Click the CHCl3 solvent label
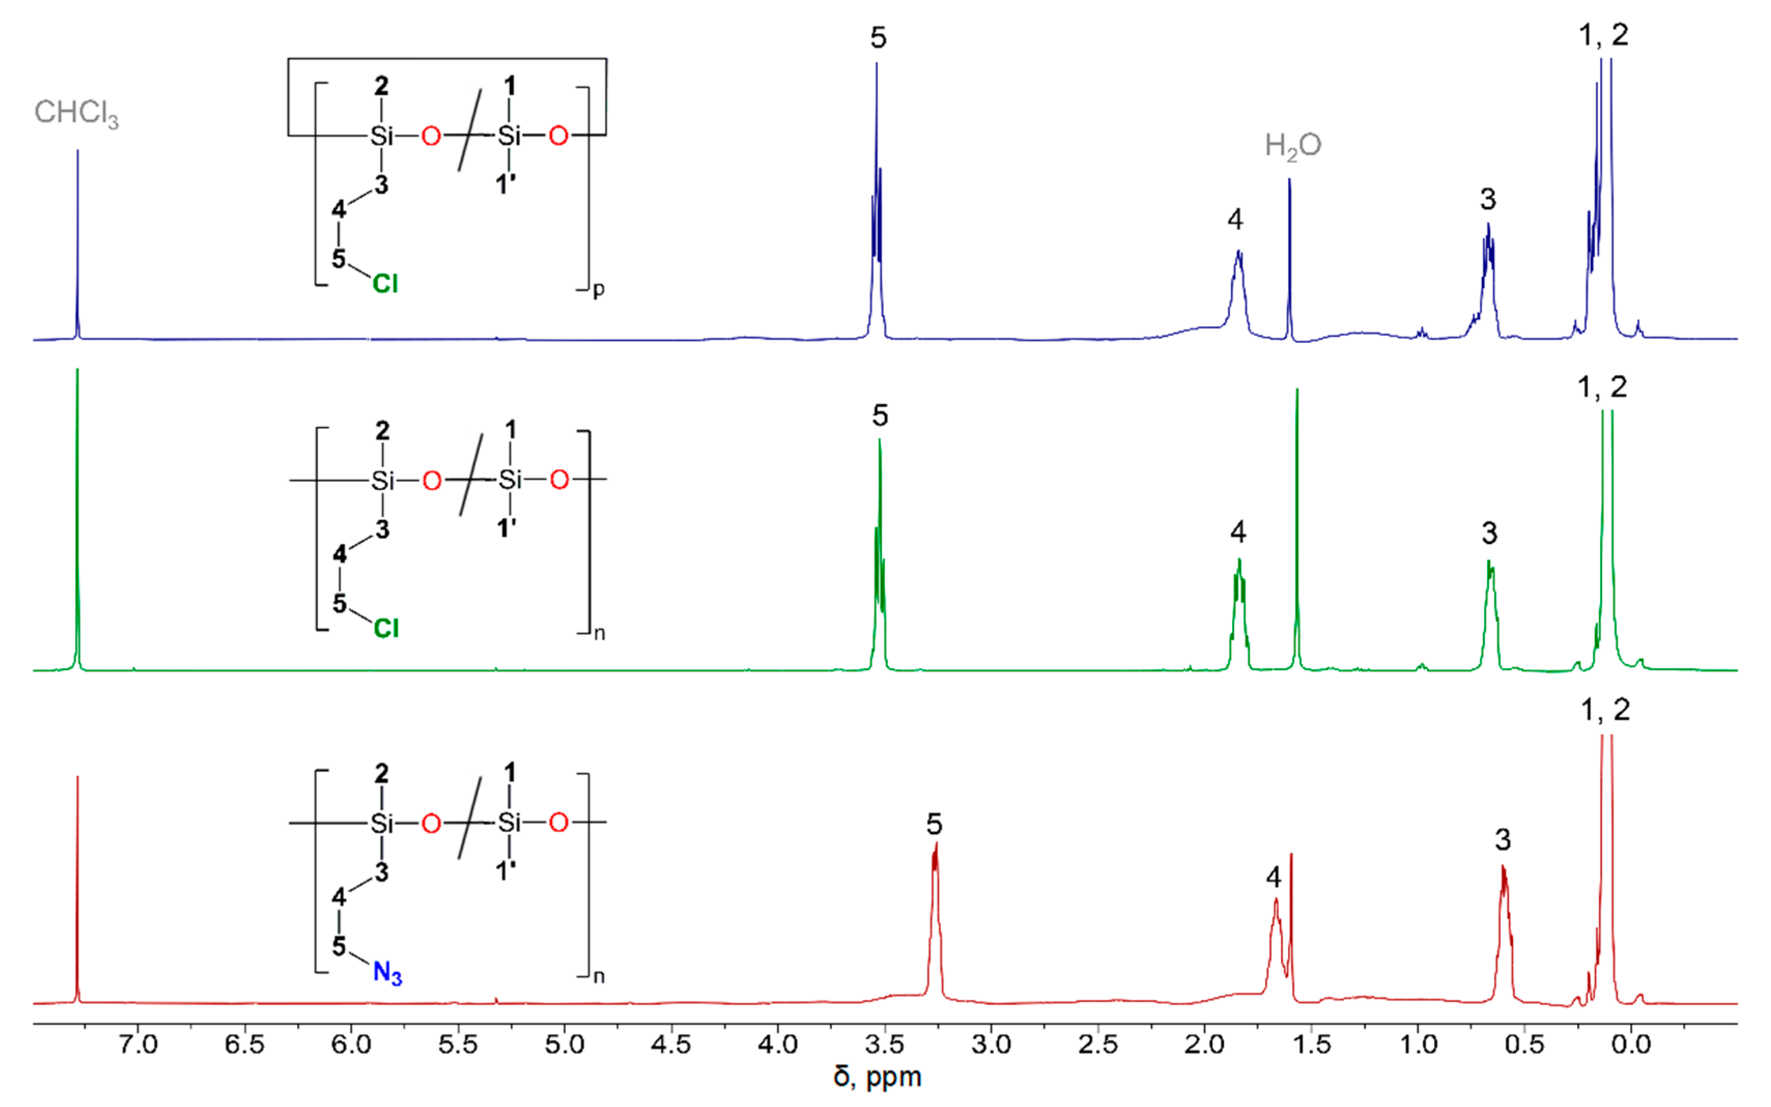pyautogui.click(x=76, y=113)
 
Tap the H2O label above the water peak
pyautogui.click(x=1293, y=146)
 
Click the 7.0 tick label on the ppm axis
pyautogui.click(x=138, y=1043)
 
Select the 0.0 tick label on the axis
pyautogui.click(x=1631, y=1043)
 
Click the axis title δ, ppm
pyautogui.click(x=877, y=1077)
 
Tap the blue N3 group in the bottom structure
pyautogui.click(x=387, y=973)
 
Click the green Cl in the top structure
pyautogui.click(x=385, y=283)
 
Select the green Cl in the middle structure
pyautogui.click(x=386, y=628)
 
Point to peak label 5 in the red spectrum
pyautogui.click(x=934, y=824)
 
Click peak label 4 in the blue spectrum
pyautogui.click(x=1235, y=219)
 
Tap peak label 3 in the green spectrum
pyautogui.click(x=1489, y=533)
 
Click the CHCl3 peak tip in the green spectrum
pyautogui.click(x=78, y=370)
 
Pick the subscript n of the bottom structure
pyautogui.click(x=599, y=976)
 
